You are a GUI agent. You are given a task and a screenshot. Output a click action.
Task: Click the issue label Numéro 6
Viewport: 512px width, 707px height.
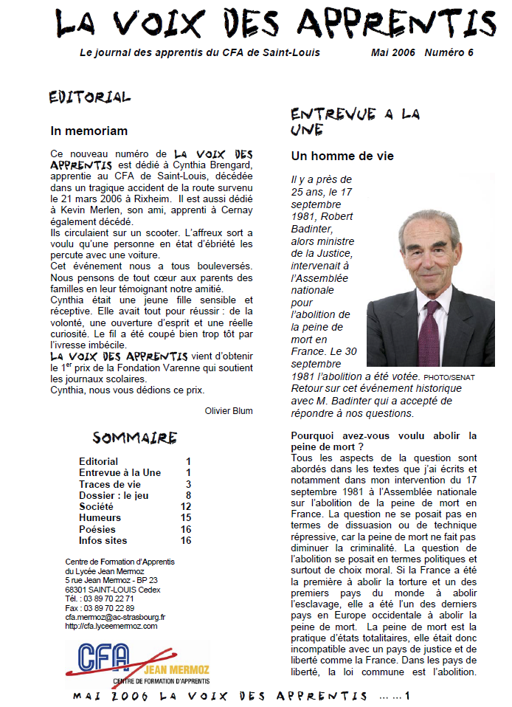pyautogui.click(x=449, y=53)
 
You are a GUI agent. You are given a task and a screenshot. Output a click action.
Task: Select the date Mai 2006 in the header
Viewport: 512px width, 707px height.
pyautogui.click(x=392, y=53)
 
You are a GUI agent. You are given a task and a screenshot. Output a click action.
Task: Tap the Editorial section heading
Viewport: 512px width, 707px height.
pyautogui.click(x=89, y=97)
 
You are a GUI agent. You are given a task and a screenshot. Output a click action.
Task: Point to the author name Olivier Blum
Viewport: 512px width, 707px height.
pyautogui.click(x=228, y=411)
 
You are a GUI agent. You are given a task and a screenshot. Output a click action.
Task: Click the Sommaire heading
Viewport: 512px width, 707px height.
pyautogui.click(x=134, y=438)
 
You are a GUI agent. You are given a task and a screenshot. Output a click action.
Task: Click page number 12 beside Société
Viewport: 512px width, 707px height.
pyautogui.click(x=186, y=507)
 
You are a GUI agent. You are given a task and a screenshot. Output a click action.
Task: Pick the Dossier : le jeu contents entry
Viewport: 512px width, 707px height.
pyautogui.click(x=114, y=495)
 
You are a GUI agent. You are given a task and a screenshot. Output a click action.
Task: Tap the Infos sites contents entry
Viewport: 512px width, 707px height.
pyautogui.click(x=103, y=540)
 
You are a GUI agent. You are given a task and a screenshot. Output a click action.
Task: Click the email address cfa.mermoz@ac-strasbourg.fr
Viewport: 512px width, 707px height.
pyautogui.click(x=115, y=617)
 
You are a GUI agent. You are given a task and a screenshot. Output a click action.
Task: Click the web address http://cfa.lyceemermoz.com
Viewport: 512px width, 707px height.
pyautogui.click(x=111, y=626)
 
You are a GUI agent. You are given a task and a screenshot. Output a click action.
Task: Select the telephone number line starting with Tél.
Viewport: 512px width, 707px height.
pyautogui.click(x=100, y=599)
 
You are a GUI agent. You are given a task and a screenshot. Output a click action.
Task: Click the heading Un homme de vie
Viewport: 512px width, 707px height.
pyautogui.click(x=342, y=156)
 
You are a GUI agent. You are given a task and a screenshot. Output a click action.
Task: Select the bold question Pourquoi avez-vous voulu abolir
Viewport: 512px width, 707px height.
pyautogui.click(x=384, y=441)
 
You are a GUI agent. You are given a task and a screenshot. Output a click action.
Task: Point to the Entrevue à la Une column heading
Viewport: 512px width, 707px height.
pyautogui.click(x=355, y=122)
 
